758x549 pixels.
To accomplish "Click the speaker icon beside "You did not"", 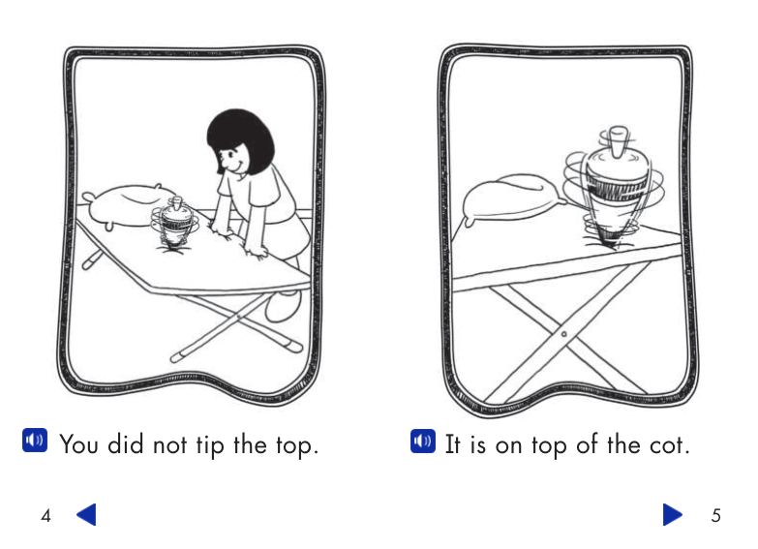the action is pyautogui.click(x=35, y=441).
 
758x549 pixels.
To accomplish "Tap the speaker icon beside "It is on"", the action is pyautogui.click(x=423, y=442).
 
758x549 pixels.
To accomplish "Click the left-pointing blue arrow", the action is pyautogui.click(x=86, y=514).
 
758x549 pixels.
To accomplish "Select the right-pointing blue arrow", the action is pyautogui.click(x=673, y=514).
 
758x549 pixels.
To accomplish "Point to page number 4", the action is pyautogui.click(x=45, y=516).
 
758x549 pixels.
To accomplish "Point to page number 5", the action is pyautogui.click(x=716, y=516).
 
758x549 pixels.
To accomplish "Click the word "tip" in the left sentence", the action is pyautogui.click(x=210, y=445).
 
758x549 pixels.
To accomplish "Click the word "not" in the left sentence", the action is pyautogui.click(x=169, y=445).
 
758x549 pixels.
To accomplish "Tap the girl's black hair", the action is pyautogui.click(x=241, y=140).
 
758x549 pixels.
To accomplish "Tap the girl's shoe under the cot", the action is pyautogui.click(x=283, y=306).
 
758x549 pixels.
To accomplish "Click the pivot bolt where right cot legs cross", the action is pyautogui.click(x=563, y=334).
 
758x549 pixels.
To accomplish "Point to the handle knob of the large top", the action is pyautogui.click(x=619, y=141).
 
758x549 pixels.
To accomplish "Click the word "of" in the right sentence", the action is pyautogui.click(x=587, y=444).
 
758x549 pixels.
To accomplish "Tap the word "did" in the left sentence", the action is pyautogui.click(x=125, y=444).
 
